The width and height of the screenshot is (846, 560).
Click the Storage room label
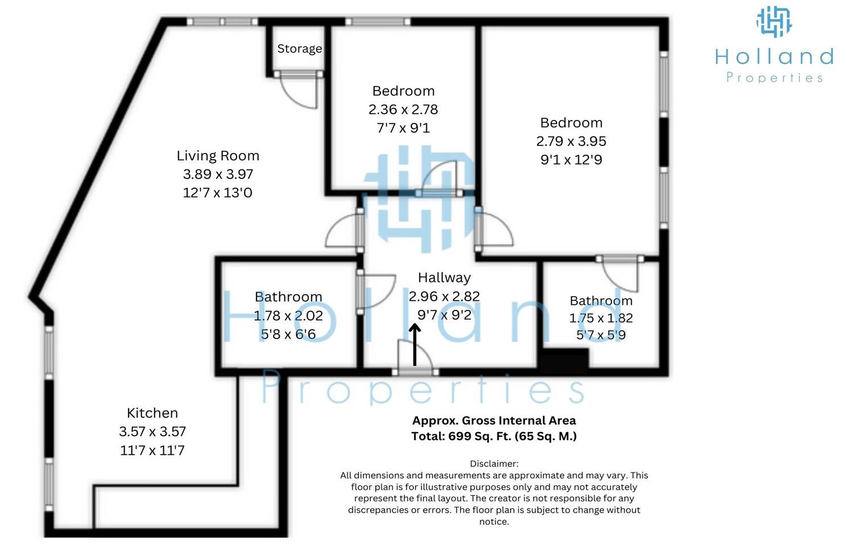pyautogui.click(x=299, y=49)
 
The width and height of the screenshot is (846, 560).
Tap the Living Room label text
pyautogui.click(x=218, y=156)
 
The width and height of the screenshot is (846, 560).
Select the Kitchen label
pyautogui.click(x=152, y=413)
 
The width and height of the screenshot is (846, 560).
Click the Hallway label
pyautogui.click(x=444, y=277)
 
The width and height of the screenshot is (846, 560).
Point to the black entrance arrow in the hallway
pyautogui.click(x=414, y=345)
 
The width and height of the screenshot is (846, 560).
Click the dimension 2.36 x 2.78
pyautogui.click(x=403, y=109)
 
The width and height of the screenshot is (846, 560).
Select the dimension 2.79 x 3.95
pyautogui.click(x=571, y=141)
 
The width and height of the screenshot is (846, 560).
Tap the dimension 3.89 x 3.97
pyautogui.click(x=218, y=174)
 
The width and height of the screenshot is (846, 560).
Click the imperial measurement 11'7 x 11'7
pyautogui.click(x=152, y=450)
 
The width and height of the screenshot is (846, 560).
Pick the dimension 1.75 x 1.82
pyautogui.click(x=601, y=318)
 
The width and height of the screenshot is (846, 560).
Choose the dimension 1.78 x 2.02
pyautogui.click(x=288, y=316)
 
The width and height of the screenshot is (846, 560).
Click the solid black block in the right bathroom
pyautogui.click(x=565, y=361)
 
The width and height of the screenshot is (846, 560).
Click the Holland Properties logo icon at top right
pyautogui.click(x=774, y=22)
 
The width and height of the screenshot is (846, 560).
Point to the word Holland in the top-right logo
pyautogui.click(x=774, y=56)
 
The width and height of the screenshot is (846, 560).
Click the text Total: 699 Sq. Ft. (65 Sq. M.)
pyautogui.click(x=494, y=436)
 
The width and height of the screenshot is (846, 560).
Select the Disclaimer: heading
pyautogui.click(x=494, y=464)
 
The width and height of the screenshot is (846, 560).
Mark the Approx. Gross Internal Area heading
pyautogui.click(x=494, y=421)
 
